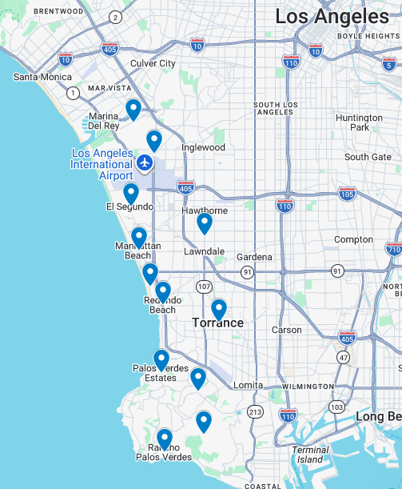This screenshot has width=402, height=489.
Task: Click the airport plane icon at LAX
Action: coord(145,163)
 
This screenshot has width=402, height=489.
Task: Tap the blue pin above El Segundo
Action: coord(131,193)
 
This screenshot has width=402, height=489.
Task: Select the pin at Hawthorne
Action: coord(205,222)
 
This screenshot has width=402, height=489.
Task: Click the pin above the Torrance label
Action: coord(219,309)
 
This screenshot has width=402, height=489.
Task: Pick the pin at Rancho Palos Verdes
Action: coord(165,439)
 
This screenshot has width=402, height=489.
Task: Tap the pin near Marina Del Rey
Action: coord(133,109)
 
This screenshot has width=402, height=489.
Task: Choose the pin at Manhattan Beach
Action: coord(139,237)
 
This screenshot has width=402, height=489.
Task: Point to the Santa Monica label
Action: coord(42,77)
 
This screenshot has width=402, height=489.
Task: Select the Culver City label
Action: coord(153,63)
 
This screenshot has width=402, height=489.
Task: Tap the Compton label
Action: coord(353,239)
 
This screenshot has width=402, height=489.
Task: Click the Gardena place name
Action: coord(254,257)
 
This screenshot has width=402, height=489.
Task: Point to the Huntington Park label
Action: coord(359,122)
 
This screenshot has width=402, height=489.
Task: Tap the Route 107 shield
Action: coord(205,286)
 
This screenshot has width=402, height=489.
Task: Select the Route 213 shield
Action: coord(255,411)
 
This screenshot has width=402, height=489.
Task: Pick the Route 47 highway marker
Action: coord(343,358)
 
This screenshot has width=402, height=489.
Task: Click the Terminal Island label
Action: coord(310,454)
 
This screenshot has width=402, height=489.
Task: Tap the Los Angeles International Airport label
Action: coord(102,164)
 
